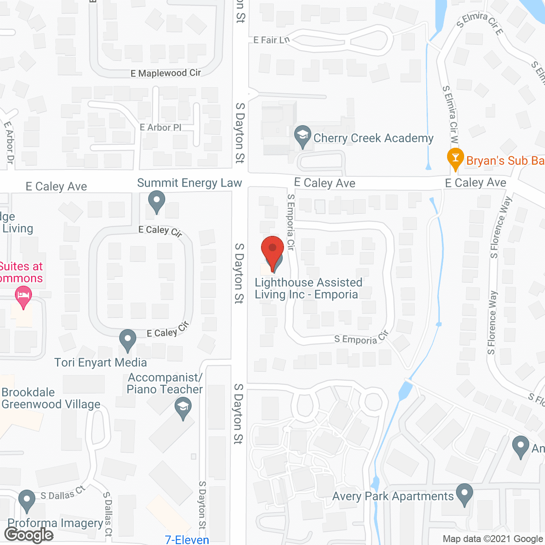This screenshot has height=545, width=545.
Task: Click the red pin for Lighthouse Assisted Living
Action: (272, 249)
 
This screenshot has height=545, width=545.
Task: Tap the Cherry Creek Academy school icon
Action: (303, 136)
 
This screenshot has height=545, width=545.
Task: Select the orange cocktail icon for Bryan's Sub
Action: (455, 158)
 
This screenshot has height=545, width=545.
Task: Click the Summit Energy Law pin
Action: (156, 201)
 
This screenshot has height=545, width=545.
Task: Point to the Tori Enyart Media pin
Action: (127, 340)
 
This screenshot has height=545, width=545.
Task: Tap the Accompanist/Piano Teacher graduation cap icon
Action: (183, 408)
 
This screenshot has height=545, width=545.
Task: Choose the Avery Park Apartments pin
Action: (464, 494)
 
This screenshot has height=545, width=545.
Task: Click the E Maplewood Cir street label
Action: (166, 73)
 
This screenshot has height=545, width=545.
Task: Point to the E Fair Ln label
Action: (271, 40)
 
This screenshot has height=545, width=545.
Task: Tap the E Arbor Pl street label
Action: (161, 127)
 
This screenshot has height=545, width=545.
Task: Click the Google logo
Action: (29, 535)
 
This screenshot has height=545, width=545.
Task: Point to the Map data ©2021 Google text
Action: (493, 539)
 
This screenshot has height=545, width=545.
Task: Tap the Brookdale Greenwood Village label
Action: (51, 398)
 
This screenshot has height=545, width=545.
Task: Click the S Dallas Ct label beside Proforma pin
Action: (63, 493)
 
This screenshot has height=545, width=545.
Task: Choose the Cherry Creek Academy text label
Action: (373, 138)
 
